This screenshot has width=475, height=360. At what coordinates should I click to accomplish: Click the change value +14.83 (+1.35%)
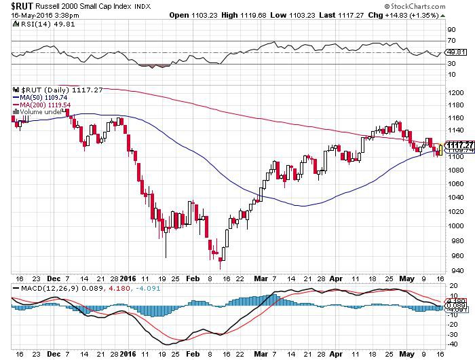click(x=419, y=15)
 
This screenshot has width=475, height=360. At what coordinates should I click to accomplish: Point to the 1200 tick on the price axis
click(x=455, y=92)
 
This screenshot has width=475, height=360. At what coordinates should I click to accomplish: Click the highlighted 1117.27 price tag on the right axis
click(x=456, y=144)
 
